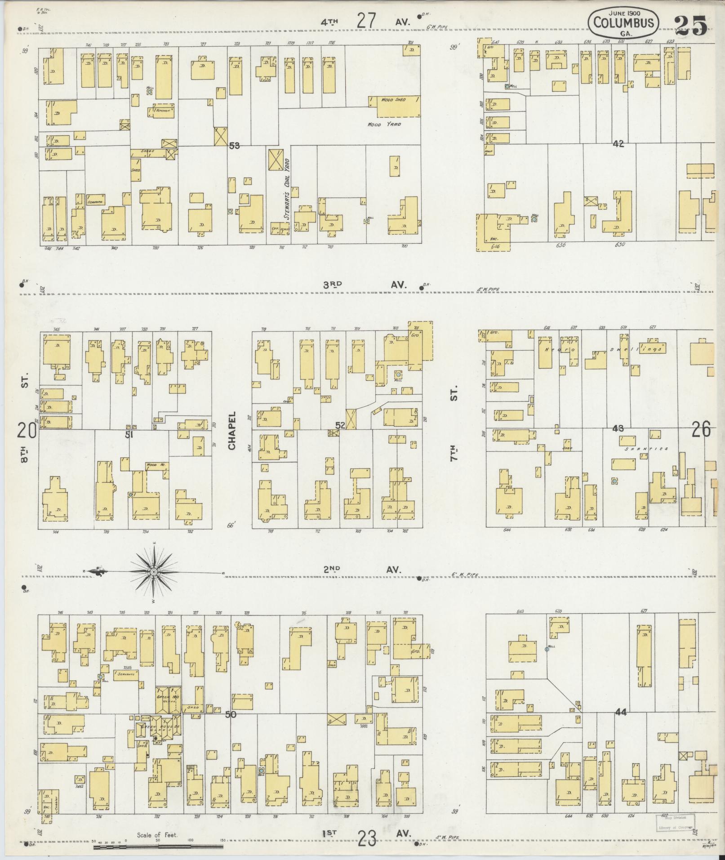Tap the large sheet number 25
pyautogui.click(x=690, y=25)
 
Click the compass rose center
pyautogui.click(x=154, y=572)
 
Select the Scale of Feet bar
pyautogui.click(x=158, y=847)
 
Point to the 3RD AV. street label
pyautogui.click(x=365, y=285)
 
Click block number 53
pyautogui.click(x=234, y=146)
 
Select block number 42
pyautogui.click(x=618, y=144)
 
